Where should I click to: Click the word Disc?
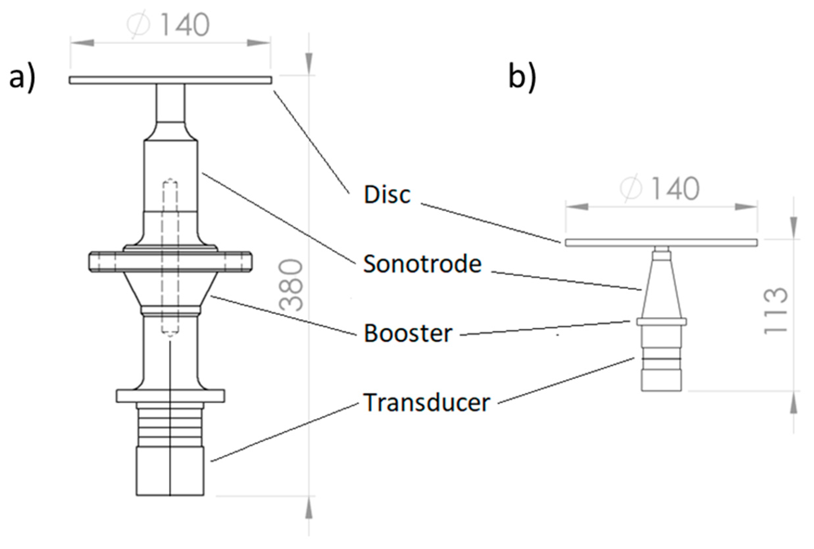coord(387,194)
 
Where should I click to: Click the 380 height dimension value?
coord(291,285)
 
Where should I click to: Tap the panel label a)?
coord(22,78)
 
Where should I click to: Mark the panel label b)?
coord(522,78)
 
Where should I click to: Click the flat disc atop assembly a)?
coord(170,80)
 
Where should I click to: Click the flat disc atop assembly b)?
coord(661,242)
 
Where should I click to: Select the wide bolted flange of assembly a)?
coord(170,262)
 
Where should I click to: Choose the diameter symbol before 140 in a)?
coord(138,25)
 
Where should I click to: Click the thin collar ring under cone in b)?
coord(661,321)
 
